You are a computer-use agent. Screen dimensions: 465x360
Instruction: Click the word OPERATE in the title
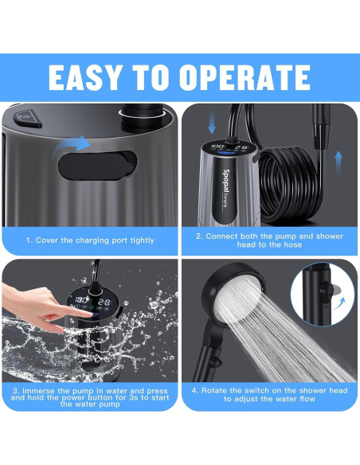(248, 76)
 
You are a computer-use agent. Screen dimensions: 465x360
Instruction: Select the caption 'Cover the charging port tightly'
(89, 240)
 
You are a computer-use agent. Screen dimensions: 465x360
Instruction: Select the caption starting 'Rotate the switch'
(269, 395)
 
